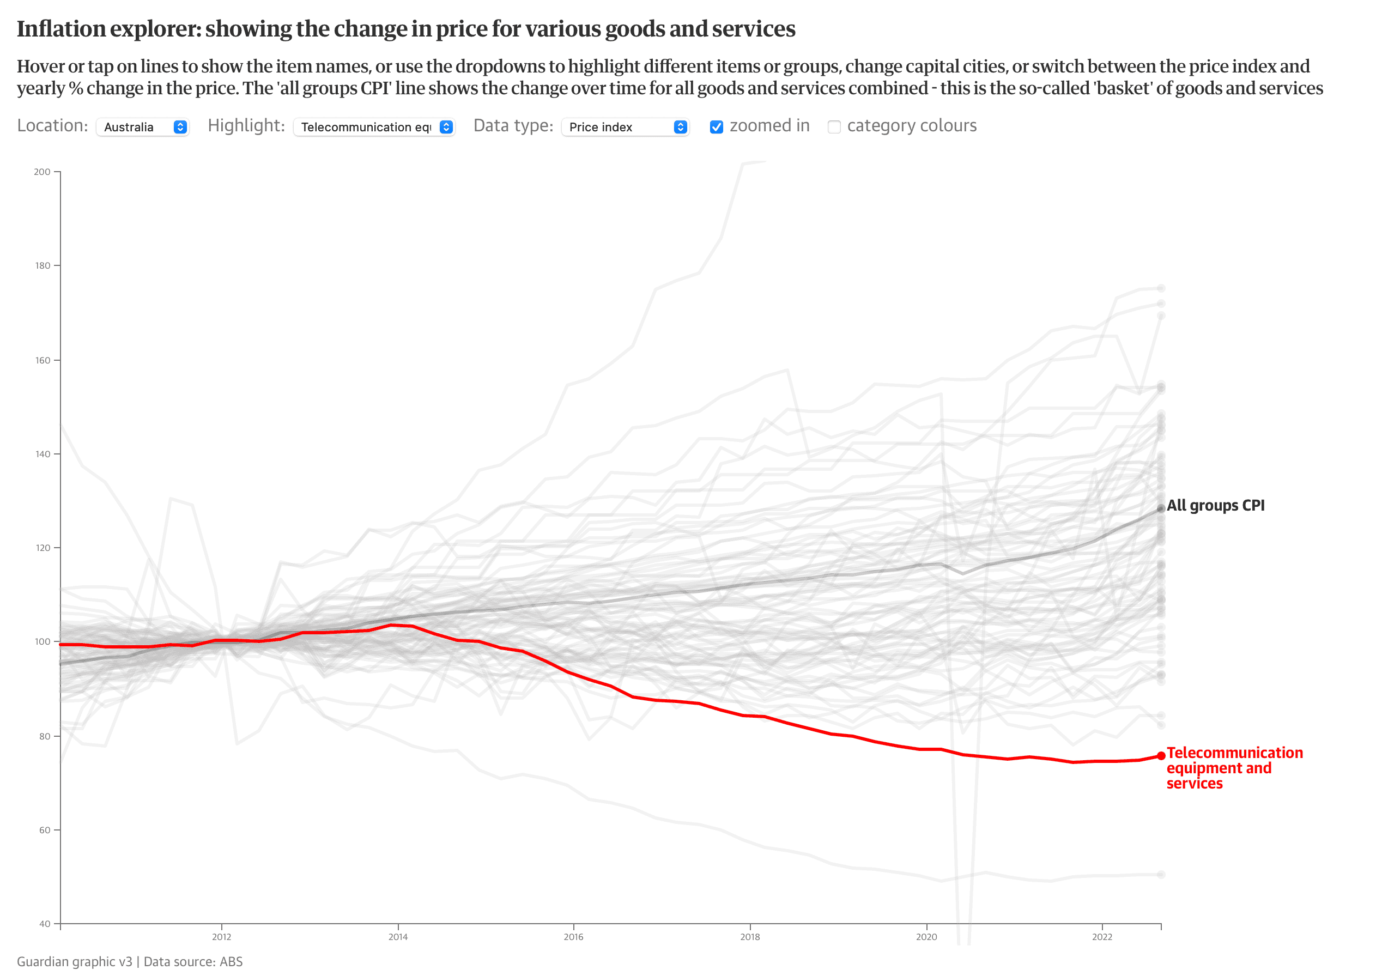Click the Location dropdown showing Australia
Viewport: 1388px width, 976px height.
[143, 127]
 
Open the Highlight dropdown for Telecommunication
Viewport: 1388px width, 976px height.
[374, 127]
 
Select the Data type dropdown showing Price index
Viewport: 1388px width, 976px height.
[625, 127]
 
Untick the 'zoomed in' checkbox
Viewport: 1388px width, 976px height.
[717, 127]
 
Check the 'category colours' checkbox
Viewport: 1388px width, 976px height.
[834, 127]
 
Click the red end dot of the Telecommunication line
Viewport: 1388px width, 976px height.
[1161, 755]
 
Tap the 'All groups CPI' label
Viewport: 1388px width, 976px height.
[1215, 505]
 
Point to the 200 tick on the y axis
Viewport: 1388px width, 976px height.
[43, 172]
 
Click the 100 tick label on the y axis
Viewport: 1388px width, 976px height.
[43, 642]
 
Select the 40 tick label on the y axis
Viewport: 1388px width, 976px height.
[45, 924]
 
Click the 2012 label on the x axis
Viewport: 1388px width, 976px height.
[221, 937]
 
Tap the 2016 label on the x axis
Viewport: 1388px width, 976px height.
[574, 937]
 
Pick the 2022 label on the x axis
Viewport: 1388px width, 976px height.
[1102, 937]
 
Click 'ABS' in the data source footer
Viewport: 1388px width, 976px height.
[231, 961]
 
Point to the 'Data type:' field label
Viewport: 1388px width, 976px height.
[513, 126]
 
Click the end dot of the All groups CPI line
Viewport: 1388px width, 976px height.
[1161, 509]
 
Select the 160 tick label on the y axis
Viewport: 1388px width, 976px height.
[43, 360]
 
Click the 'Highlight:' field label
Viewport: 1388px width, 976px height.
[246, 126]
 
